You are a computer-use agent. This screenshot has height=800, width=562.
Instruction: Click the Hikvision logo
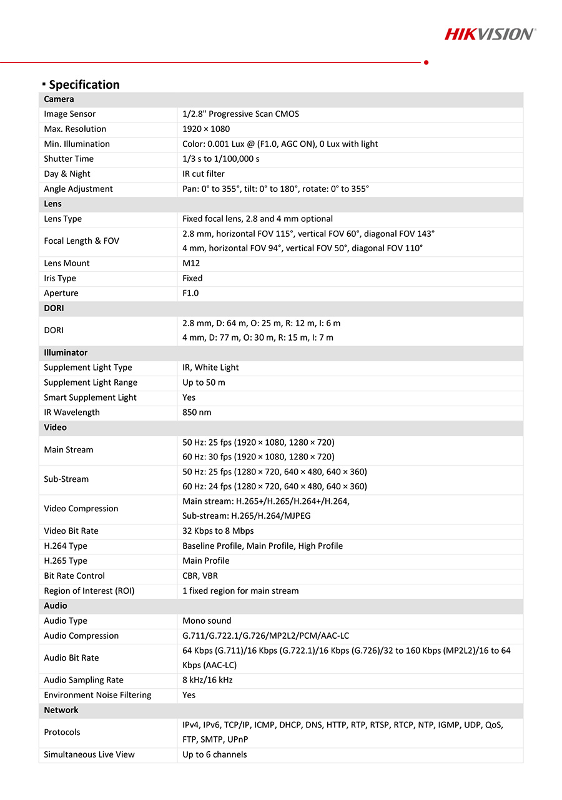click(x=490, y=34)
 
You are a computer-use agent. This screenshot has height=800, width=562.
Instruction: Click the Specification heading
click(x=84, y=84)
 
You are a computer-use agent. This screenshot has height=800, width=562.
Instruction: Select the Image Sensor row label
click(x=70, y=114)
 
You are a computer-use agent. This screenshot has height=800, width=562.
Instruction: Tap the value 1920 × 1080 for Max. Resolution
click(x=206, y=129)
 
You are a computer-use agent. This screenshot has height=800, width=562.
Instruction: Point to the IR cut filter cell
click(x=204, y=174)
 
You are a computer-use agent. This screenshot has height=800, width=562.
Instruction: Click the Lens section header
click(x=53, y=204)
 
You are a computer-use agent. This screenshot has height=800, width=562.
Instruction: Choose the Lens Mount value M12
click(x=191, y=263)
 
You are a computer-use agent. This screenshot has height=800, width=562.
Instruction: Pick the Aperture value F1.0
click(x=190, y=293)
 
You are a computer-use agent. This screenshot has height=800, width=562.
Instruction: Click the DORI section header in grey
click(x=54, y=308)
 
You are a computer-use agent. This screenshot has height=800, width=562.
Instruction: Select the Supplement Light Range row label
click(x=91, y=382)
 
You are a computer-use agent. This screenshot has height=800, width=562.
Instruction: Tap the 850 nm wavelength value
click(x=197, y=412)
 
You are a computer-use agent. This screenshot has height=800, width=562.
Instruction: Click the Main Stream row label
click(x=69, y=449)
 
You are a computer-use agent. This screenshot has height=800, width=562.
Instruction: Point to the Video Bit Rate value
click(x=218, y=531)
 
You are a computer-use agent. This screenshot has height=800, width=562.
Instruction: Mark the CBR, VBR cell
click(x=200, y=576)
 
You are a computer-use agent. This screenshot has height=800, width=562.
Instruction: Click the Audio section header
click(x=56, y=606)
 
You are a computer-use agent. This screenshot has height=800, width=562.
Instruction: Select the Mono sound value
click(x=207, y=621)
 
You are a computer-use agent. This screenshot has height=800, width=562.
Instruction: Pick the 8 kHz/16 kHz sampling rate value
click(x=207, y=680)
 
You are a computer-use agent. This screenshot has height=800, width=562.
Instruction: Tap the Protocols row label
click(x=62, y=732)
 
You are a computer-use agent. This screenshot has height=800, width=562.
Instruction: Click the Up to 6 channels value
click(x=214, y=754)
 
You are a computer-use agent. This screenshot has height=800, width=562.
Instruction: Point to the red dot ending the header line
click(x=426, y=62)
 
